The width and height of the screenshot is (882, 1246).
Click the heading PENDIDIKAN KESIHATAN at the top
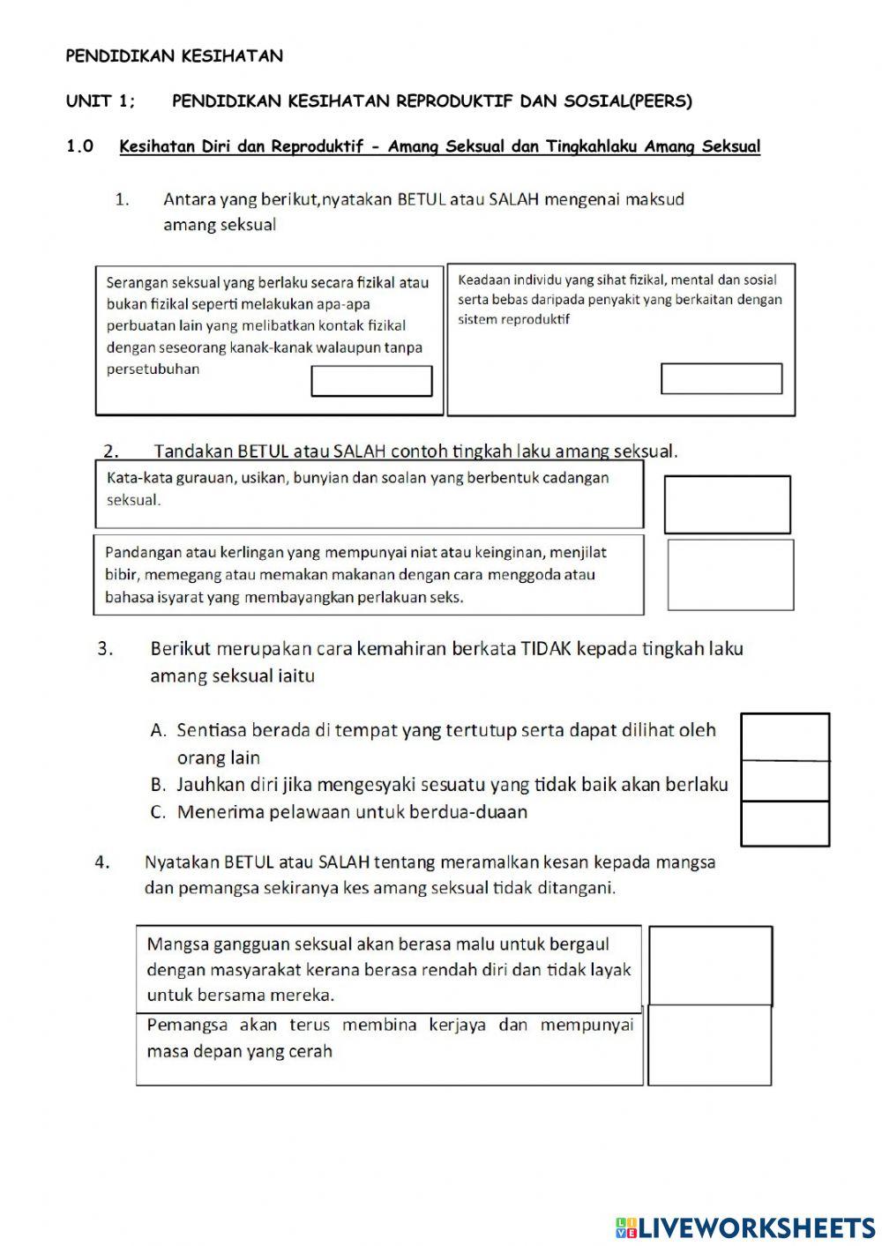pyautogui.click(x=175, y=56)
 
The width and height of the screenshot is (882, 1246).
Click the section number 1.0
pyautogui.click(x=79, y=147)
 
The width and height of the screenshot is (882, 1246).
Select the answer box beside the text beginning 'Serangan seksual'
pyautogui.click(x=371, y=382)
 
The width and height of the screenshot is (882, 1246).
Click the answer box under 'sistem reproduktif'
pyautogui.click(x=721, y=378)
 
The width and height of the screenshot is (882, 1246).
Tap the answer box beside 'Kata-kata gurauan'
pyautogui.click(x=727, y=504)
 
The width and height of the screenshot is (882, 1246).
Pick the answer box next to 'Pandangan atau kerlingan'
pyautogui.click(x=730, y=575)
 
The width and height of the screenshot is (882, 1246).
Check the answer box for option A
pyautogui.click(x=785, y=736)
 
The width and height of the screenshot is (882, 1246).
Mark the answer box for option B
pyautogui.click(x=785, y=780)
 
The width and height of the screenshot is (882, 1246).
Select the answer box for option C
pyautogui.click(x=785, y=824)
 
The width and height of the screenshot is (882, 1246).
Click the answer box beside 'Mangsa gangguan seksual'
pyautogui.click(x=710, y=966)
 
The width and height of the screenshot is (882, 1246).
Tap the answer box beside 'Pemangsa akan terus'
pyautogui.click(x=710, y=1045)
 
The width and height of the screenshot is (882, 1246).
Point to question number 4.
pyautogui.click(x=102, y=862)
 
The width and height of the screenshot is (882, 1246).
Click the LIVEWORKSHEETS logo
pyautogui.click(x=745, y=1227)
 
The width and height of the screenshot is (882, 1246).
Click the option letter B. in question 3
pyautogui.click(x=159, y=785)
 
